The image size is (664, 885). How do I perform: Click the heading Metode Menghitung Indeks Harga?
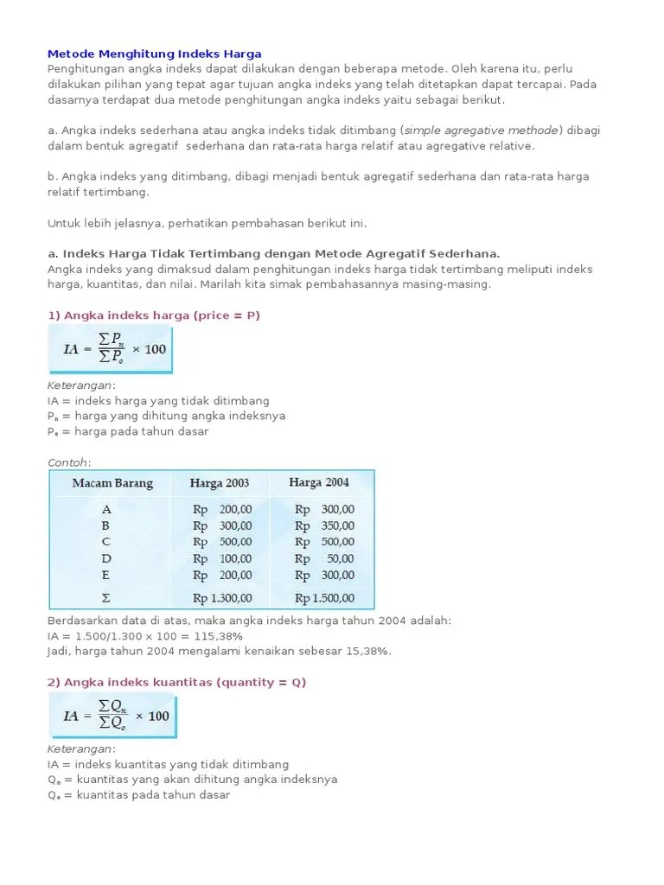tap(154, 54)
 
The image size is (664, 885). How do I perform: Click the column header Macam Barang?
tap(112, 483)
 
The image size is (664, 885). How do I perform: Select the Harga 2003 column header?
tap(220, 483)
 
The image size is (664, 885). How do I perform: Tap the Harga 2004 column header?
tap(319, 482)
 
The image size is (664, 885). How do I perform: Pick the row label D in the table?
tap(106, 558)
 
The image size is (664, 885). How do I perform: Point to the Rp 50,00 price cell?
tap(324, 558)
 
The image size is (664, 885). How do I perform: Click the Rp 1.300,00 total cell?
tap(222, 597)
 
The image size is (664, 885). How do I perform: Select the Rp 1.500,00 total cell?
tap(324, 597)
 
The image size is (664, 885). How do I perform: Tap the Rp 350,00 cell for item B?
tap(324, 525)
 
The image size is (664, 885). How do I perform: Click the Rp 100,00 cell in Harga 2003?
tap(222, 558)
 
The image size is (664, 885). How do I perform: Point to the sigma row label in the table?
tap(106, 597)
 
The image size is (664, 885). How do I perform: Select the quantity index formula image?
tap(112, 716)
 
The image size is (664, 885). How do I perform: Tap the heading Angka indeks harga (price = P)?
tap(154, 315)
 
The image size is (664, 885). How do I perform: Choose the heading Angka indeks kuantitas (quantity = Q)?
tap(176, 682)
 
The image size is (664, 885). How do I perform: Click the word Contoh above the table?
tap(68, 463)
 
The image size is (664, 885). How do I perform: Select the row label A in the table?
tap(106, 509)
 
